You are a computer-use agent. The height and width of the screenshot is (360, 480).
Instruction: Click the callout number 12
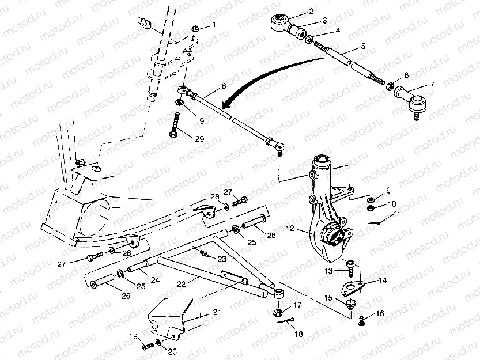tap(290, 228)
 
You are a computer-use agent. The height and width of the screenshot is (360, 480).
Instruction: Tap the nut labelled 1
tap(195, 29)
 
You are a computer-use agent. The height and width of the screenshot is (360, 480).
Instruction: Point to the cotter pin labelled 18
tap(286, 320)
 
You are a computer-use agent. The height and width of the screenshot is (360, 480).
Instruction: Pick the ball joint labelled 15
tap(350, 305)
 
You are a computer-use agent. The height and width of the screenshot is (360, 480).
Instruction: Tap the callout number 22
tap(181, 284)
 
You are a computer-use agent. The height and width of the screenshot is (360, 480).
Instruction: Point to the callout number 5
tap(363, 46)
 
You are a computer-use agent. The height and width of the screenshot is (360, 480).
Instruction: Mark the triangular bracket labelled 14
tap(352, 288)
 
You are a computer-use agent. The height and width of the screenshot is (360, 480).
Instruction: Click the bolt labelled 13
tap(350, 268)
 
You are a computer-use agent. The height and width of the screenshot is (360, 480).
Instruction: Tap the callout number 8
tap(224, 86)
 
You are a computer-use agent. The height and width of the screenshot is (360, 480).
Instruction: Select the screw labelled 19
tap(148, 347)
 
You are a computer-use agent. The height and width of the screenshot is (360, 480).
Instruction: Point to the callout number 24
tap(155, 279)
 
